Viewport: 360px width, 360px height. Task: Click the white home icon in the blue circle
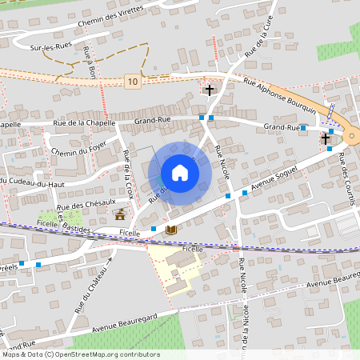(x=179, y=173)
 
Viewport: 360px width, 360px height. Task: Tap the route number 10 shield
(x=132, y=81)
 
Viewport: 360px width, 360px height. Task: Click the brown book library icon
(x=170, y=230)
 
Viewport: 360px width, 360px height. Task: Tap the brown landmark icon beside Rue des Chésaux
(x=120, y=214)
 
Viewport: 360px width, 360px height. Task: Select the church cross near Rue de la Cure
(x=210, y=90)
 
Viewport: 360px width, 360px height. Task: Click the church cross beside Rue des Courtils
(x=326, y=138)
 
